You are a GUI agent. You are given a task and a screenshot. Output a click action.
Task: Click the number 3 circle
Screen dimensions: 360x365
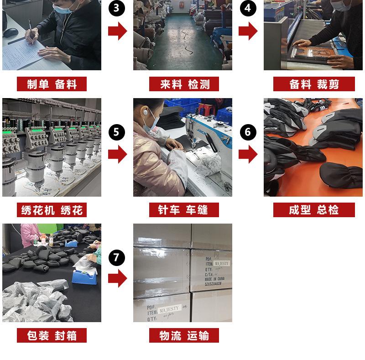[x=117, y=8]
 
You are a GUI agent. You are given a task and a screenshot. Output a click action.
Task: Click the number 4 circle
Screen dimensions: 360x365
[x=248, y=8]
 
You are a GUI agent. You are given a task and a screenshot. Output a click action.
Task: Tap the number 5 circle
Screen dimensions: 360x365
[x=117, y=133]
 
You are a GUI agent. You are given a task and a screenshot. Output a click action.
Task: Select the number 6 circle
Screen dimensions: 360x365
[x=248, y=133]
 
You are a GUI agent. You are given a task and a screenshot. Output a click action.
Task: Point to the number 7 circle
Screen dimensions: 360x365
[x=117, y=257]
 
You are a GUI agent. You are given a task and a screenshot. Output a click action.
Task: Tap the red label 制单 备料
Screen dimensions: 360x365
[x=52, y=84]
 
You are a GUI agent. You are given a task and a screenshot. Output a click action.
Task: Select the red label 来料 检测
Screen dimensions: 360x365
[x=184, y=84]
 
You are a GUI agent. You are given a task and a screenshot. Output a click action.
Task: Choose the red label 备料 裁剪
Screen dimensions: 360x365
[x=314, y=84]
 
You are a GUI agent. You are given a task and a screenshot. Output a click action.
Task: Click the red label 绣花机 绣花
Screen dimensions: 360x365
[x=52, y=210]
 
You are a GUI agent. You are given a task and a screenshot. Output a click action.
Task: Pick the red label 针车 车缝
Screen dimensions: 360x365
[x=184, y=210]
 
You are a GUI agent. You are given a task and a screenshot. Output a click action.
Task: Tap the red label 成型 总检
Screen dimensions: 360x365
[x=314, y=210]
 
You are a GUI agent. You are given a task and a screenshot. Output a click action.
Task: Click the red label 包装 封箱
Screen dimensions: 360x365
[x=52, y=336]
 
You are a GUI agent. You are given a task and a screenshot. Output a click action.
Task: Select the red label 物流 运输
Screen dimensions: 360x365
[x=184, y=336]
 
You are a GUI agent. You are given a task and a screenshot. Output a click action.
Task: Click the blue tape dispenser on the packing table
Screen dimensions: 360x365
[x=87, y=275]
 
